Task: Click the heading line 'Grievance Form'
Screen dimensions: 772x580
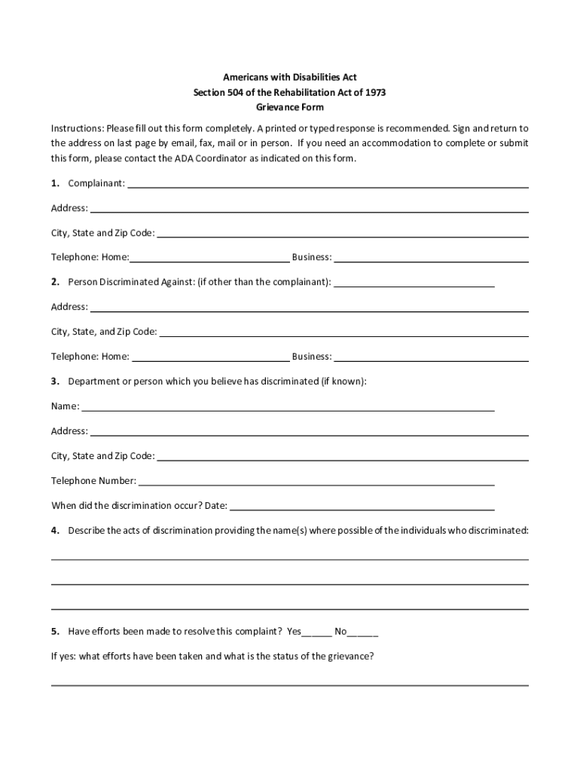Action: [290, 107]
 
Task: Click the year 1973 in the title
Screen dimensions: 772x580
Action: [375, 92]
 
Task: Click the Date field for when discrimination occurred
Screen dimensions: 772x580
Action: [362, 505]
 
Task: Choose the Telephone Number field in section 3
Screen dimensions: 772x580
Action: [316, 480]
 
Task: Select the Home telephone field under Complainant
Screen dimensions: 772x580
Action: [209, 257]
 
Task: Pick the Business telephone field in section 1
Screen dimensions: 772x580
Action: [431, 257]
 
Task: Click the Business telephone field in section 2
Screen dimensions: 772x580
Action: [431, 356]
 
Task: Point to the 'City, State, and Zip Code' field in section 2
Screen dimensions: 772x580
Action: [343, 331]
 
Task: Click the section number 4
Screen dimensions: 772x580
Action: [55, 530]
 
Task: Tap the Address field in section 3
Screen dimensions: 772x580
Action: [309, 431]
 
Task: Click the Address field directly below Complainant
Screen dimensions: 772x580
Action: [309, 207]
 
